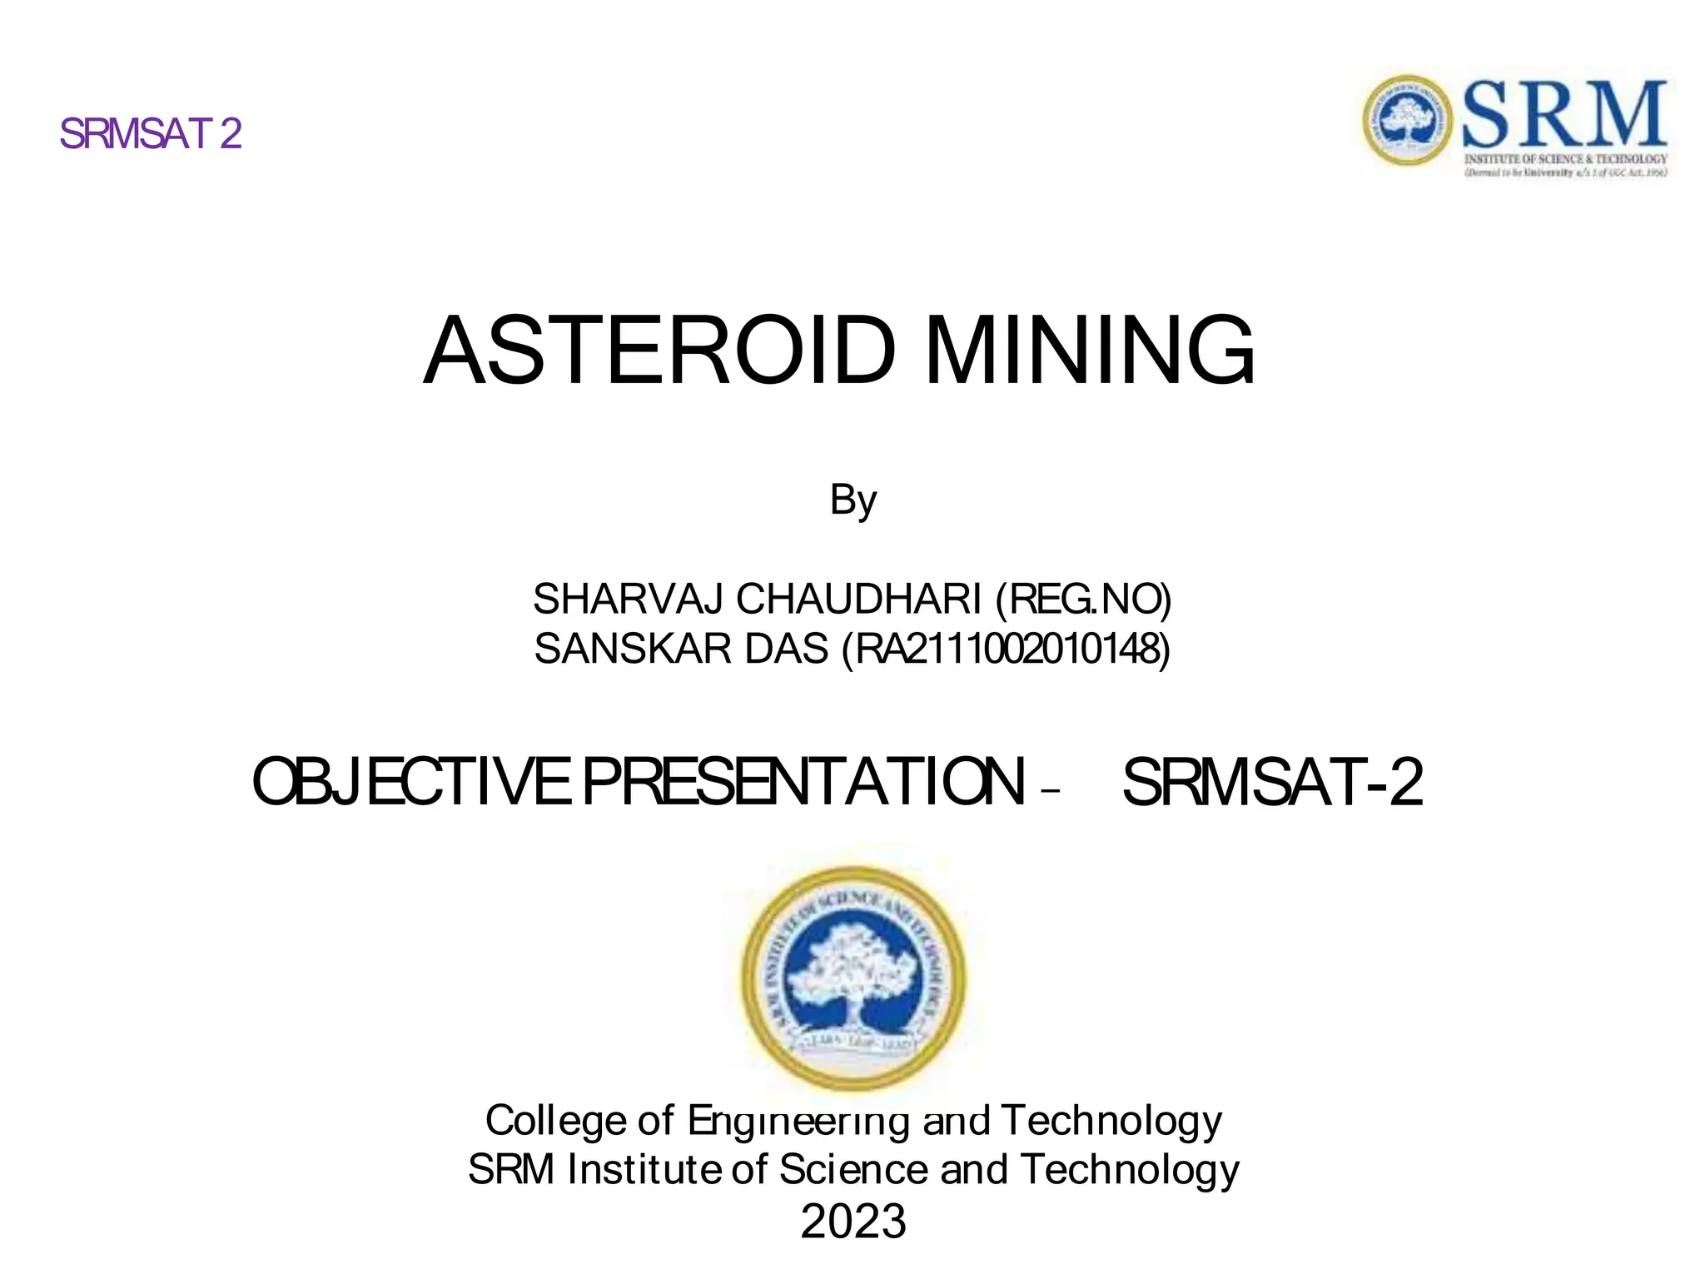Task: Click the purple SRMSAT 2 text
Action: tap(151, 134)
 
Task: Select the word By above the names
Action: tap(852, 500)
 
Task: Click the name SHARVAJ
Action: tap(628, 599)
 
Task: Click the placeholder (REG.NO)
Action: tap(1083, 599)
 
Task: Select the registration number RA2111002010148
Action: tap(1007, 649)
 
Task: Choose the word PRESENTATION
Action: tap(803, 782)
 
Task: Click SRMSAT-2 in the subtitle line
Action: tap(1272, 782)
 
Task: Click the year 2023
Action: tap(852, 1221)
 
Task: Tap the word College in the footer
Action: tap(555, 1120)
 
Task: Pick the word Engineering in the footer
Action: tap(798, 1122)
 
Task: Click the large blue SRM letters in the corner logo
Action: tap(1564, 115)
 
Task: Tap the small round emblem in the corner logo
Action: tap(1408, 120)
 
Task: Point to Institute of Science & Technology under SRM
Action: tap(1565, 158)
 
